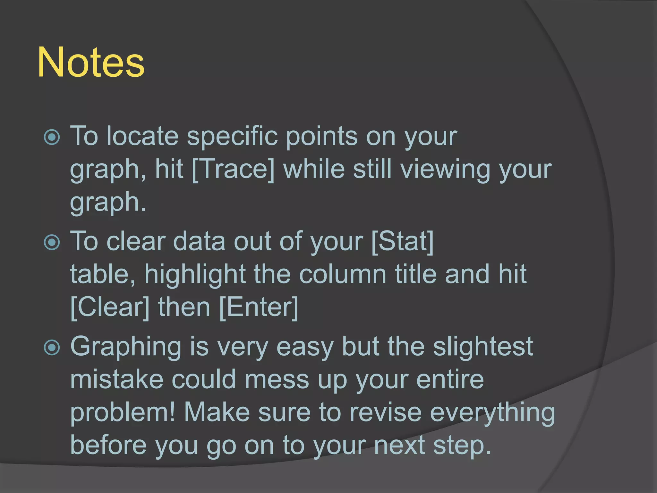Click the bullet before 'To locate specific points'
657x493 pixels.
click(52, 137)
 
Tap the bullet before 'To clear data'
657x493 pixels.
click(52, 242)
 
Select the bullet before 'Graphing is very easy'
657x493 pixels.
click(52, 348)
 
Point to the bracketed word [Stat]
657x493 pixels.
click(402, 241)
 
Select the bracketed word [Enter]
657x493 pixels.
click(259, 307)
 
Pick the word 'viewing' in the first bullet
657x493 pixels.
click(445, 170)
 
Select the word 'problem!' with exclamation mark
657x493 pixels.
click(123, 413)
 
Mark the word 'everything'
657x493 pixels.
click(492, 414)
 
